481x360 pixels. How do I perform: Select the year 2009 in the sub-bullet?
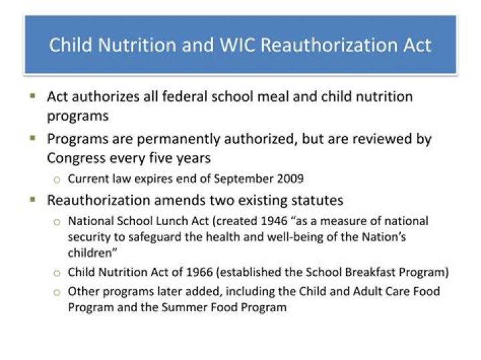291,179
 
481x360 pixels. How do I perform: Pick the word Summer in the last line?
172,307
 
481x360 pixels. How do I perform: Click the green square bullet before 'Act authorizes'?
32,96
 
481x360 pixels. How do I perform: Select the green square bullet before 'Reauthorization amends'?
32,200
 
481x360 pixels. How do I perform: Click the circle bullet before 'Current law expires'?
57,180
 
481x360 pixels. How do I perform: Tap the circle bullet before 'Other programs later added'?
57,292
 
